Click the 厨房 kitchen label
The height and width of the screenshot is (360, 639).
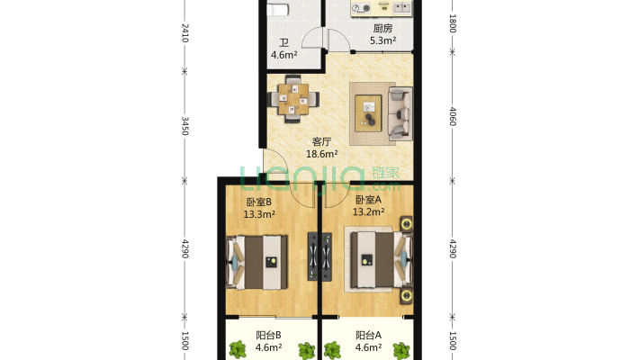point(382,28)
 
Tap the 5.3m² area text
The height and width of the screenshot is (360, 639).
point(383,40)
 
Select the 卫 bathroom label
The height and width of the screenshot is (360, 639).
point(284,43)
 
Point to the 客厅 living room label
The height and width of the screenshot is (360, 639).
point(321,142)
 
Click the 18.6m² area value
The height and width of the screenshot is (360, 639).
point(322,154)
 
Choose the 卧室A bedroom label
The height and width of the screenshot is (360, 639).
point(368,200)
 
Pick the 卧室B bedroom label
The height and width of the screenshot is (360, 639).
point(259,202)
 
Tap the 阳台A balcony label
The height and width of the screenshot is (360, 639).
point(368,335)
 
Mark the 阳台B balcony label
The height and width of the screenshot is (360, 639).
point(268,335)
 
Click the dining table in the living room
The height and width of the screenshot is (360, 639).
point(293,99)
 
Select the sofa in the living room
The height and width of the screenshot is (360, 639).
point(400,113)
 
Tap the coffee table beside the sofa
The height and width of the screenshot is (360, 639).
point(368,113)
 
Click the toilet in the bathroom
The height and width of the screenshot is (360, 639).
point(278,9)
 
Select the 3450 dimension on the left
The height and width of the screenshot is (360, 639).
point(184,126)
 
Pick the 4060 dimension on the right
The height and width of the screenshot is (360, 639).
point(453,116)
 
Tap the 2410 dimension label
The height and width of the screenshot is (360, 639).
point(184,33)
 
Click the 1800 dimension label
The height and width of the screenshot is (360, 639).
point(453,23)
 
